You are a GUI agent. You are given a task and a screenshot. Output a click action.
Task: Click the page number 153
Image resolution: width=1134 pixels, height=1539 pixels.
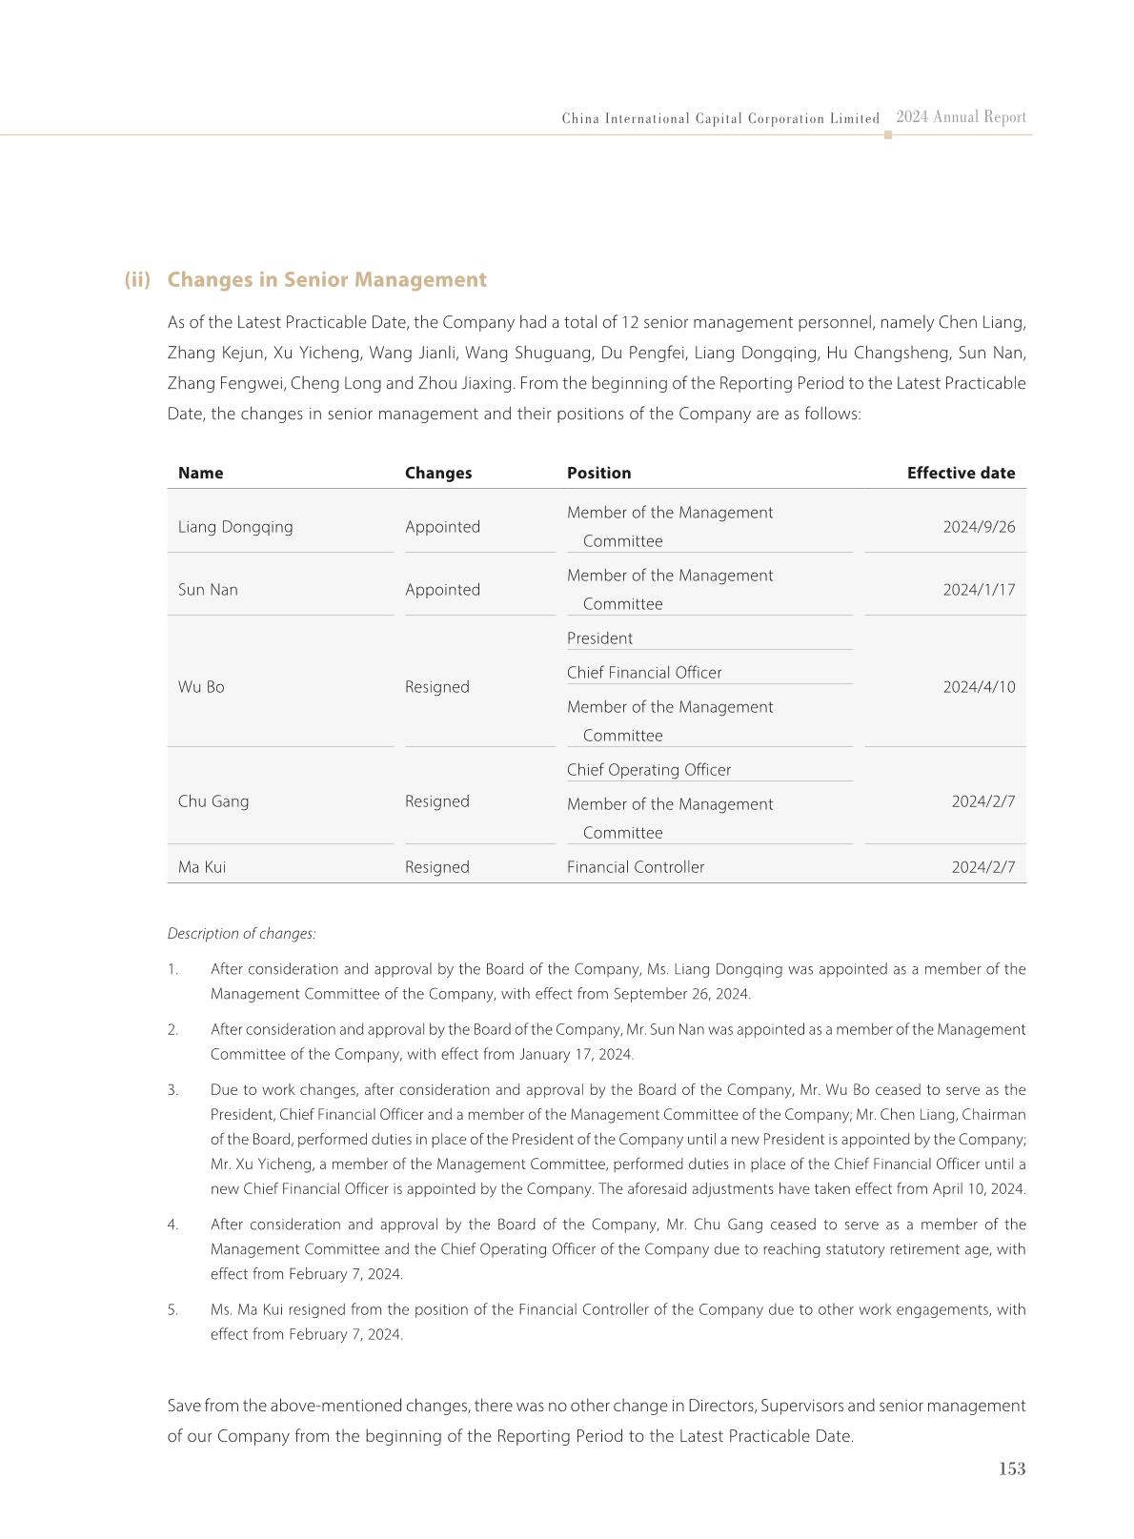click(x=1011, y=1468)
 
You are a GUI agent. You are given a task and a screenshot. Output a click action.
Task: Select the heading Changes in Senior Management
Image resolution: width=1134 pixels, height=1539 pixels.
click(x=326, y=279)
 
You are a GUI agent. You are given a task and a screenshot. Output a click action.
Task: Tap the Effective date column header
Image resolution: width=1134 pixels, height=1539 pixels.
click(x=961, y=473)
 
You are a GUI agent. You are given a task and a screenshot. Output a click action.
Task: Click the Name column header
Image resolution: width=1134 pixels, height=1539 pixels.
click(x=200, y=473)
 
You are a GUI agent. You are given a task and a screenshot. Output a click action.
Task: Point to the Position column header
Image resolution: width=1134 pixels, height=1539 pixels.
click(x=598, y=473)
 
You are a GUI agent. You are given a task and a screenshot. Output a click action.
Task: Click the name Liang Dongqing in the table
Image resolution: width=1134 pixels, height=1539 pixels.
click(x=235, y=527)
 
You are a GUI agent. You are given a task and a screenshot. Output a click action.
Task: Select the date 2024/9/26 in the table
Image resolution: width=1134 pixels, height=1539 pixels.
click(x=979, y=527)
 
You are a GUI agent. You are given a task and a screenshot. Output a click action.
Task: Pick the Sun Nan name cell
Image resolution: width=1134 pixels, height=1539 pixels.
click(x=208, y=590)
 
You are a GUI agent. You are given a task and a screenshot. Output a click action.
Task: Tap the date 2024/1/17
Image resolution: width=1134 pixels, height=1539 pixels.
click(x=979, y=590)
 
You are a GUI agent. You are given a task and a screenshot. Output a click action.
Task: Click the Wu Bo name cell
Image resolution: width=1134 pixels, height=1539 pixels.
click(x=201, y=687)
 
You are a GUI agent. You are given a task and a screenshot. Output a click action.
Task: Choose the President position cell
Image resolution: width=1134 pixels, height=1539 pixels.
click(x=599, y=638)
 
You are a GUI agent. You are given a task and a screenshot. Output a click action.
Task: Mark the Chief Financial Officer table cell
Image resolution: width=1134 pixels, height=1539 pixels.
click(x=644, y=673)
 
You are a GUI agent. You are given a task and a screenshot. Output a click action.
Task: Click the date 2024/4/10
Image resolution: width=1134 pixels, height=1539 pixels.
click(x=979, y=687)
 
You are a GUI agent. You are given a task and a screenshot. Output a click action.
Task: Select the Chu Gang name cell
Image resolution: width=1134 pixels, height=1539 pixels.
click(x=213, y=801)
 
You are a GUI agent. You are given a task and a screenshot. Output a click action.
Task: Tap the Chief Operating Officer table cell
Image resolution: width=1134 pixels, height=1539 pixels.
click(x=649, y=770)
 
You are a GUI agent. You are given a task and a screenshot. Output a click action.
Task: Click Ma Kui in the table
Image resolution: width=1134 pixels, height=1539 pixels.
click(x=202, y=867)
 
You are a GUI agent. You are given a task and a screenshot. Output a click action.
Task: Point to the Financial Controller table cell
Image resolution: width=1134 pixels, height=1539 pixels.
click(x=636, y=867)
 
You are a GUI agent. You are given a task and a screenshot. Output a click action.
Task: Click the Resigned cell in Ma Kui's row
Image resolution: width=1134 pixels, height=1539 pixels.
click(x=436, y=867)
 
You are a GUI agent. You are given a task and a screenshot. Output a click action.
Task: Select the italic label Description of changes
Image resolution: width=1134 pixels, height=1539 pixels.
click(x=241, y=934)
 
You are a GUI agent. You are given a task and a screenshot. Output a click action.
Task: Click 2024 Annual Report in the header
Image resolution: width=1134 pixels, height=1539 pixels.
click(x=961, y=117)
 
